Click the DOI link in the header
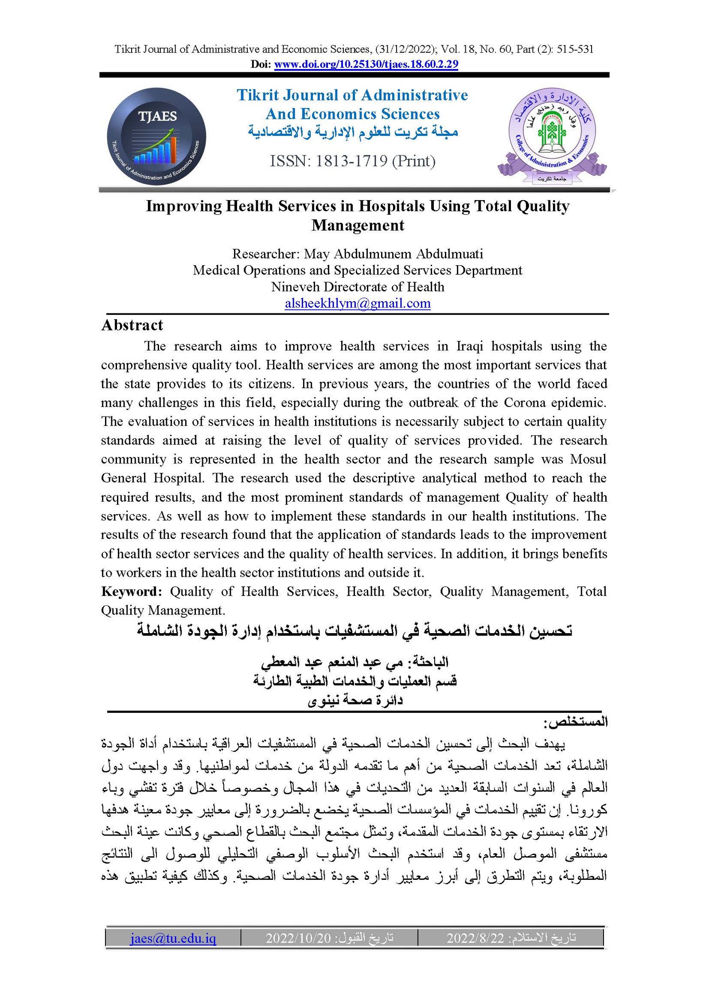coord(366,64)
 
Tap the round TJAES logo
coord(156,136)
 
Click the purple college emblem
coord(552,135)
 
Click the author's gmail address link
coord(358,303)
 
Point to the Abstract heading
coord(132,325)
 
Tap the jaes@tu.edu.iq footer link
coord(173,938)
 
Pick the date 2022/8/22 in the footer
coord(475,938)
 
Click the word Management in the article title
coord(358,225)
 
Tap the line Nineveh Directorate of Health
coord(358,287)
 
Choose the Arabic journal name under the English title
coord(353,132)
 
